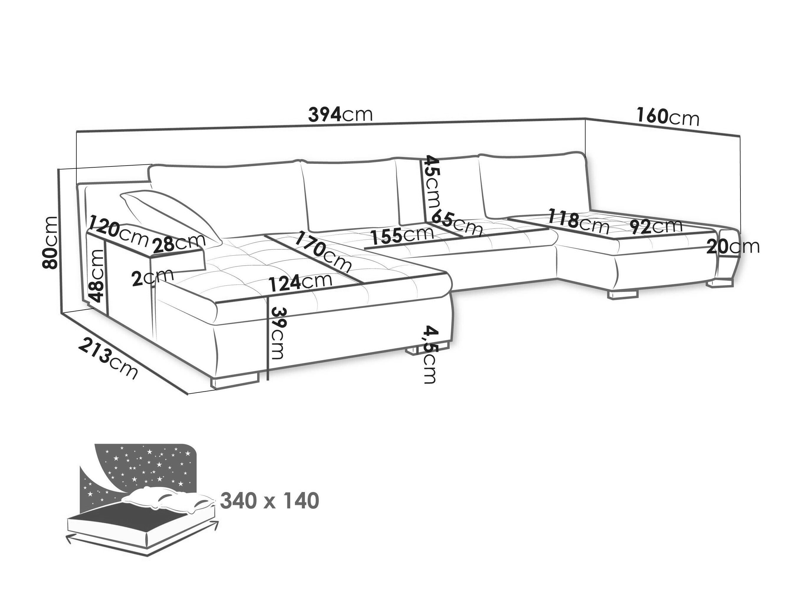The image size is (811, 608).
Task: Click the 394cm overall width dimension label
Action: [340, 114]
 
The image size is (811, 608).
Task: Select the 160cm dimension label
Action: [668, 117]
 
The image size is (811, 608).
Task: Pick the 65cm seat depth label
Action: [457, 222]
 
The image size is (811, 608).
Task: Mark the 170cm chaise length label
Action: [323, 251]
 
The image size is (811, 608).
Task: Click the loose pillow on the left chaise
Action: [170, 216]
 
